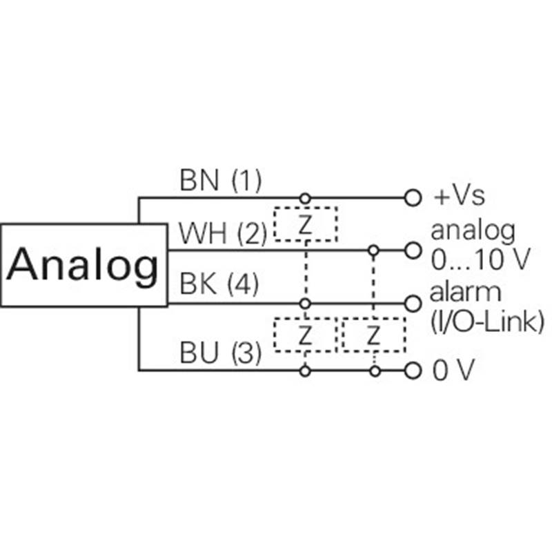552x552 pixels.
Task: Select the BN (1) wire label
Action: [220, 180]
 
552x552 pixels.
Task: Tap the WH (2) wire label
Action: [223, 233]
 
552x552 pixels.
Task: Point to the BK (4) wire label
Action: [219, 284]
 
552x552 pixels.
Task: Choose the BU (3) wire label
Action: [220, 353]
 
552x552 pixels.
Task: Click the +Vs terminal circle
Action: [413, 197]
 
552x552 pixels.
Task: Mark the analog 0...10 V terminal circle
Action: [413, 250]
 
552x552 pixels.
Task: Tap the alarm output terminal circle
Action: [413, 304]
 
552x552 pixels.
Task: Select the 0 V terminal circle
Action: [413, 371]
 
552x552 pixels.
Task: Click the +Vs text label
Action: [459, 196]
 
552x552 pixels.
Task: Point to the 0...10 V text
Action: [480, 259]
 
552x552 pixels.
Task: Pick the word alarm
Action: [465, 292]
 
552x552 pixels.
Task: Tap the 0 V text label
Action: [454, 370]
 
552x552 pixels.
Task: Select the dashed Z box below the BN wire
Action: [306, 224]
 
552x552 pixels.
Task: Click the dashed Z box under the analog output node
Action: [374, 335]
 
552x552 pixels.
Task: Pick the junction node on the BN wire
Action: [305, 198]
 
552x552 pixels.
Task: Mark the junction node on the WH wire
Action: [373, 250]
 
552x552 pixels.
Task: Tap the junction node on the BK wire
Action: [305, 304]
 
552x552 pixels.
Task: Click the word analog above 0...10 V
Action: [473, 232]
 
